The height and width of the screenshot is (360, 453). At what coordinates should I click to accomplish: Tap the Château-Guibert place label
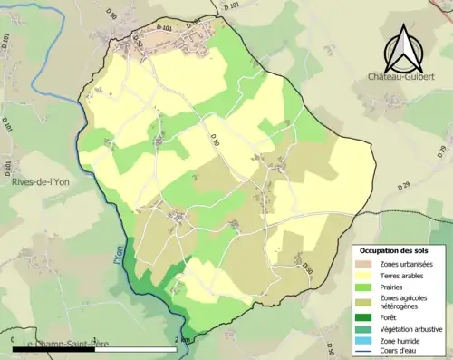404,80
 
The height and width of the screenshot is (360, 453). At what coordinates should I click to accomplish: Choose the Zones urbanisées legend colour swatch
366,264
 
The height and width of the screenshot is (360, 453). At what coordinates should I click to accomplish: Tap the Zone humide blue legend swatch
366,342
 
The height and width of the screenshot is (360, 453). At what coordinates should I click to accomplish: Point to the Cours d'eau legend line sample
366,353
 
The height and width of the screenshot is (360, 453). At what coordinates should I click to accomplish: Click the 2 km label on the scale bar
185,340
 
